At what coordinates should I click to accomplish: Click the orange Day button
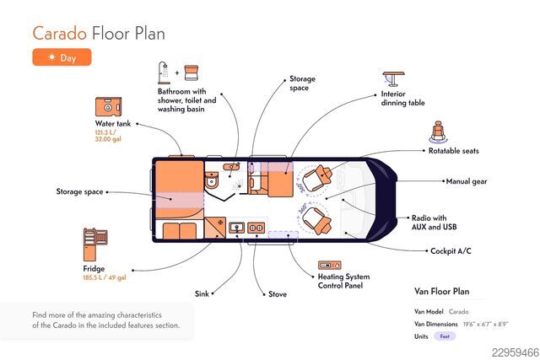click(62, 57)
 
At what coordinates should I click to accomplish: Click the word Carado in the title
click(60, 34)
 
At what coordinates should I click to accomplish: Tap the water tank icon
click(108, 107)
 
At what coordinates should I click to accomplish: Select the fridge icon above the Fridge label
click(95, 244)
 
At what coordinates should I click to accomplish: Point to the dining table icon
click(394, 78)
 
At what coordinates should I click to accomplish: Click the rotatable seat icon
click(438, 132)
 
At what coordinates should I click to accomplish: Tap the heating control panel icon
click(330, 265)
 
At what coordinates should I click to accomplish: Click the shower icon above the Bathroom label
click(164, 73)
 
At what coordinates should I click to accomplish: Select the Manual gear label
click(467, 181)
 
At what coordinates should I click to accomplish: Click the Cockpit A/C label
click(451, 251)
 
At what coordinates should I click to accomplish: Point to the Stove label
click(278, 294)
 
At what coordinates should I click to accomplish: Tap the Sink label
click(202, 293)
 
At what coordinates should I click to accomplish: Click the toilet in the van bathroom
click(212, 180)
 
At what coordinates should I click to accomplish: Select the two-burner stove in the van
click(256, 228)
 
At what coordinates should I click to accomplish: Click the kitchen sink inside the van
click(236, 228)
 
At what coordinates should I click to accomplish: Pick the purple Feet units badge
click(445, 336)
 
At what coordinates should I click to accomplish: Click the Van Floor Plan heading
click(442, 292)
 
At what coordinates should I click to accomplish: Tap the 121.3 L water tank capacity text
click(105, 132)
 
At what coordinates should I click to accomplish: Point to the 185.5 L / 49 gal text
click(105, 277)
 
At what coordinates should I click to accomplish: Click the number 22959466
click(516, 352)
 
